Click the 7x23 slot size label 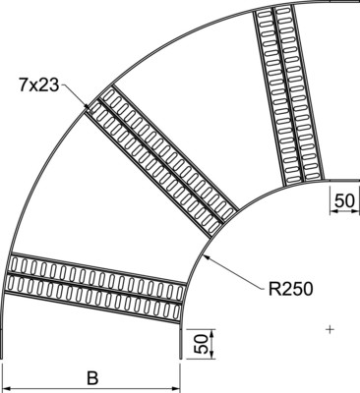[x=38, y=85]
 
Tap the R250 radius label [x=291, y=289]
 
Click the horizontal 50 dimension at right [x=345, y=200]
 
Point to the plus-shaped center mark [x=330, y=329]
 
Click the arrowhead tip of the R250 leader [x=203, y=253]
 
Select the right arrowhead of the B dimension [x=180, y=389]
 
